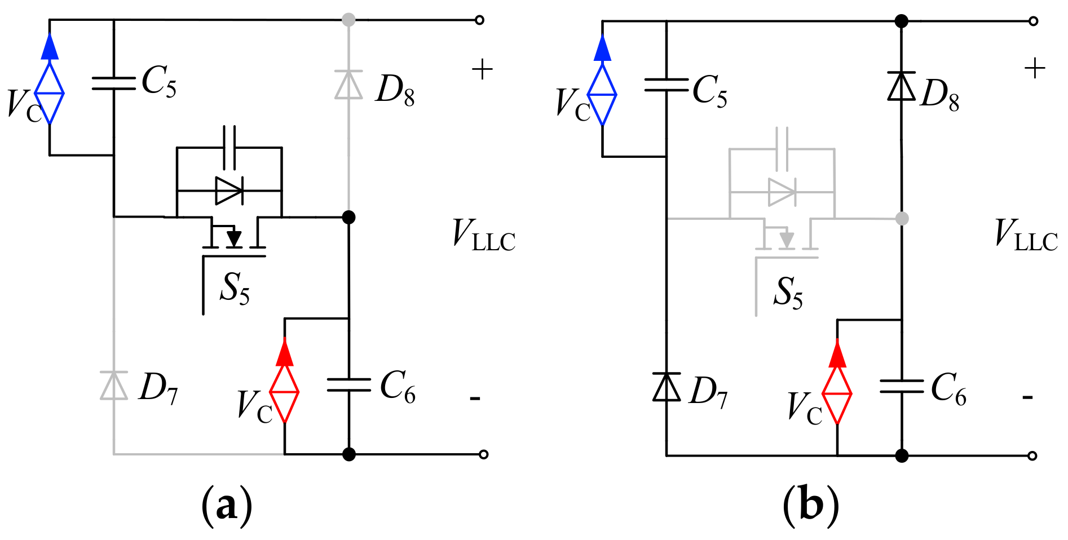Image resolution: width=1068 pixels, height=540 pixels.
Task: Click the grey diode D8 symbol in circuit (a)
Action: pos(348,85)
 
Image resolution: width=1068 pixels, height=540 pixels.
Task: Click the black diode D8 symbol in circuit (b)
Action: pos(901,86)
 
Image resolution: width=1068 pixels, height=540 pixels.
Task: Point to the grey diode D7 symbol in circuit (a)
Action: pos(114,386)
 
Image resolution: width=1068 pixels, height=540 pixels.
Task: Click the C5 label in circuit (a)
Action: pos(159,81)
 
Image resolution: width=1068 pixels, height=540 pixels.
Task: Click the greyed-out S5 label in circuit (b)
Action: pos(788,293)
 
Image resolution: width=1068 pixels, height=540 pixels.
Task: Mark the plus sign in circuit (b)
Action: pos(1035,69)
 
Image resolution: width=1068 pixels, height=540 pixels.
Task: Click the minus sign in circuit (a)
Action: pos(475,399)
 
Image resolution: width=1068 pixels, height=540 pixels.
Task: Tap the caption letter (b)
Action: pos(811,505)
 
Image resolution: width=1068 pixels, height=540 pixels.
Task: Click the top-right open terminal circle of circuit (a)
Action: pos(479,20)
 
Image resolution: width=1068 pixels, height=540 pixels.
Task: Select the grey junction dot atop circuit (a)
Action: pos(348,20)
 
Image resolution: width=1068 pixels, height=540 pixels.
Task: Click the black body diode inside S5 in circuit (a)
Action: pos(229,191)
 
